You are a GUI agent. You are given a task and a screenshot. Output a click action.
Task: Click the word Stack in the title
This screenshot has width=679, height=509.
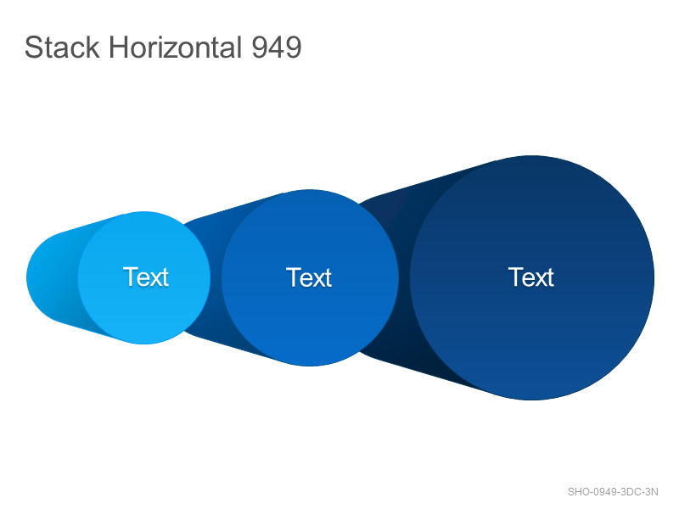point(62,48)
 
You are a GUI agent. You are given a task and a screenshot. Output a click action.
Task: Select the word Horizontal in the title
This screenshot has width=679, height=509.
point(176,48)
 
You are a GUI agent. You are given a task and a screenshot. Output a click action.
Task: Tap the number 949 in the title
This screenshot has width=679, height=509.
point(277,48)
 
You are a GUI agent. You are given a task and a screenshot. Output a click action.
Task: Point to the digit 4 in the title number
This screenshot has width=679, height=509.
point(277,48)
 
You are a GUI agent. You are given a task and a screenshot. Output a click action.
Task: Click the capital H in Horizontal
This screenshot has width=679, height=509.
point(118,48)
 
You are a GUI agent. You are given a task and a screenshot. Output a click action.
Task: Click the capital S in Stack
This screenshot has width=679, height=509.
point(33,48)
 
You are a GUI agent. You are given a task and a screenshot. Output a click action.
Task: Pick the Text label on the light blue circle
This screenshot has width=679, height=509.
point(146,277)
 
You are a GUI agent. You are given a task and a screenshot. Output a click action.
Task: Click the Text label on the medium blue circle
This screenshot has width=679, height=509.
point(309,277)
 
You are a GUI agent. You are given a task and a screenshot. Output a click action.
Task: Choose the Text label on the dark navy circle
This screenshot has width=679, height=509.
point(531,277)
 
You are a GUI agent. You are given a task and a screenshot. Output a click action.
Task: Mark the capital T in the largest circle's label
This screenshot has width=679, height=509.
point(515,277)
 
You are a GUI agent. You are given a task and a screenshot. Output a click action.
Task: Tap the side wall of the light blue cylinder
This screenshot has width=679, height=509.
point(52,277)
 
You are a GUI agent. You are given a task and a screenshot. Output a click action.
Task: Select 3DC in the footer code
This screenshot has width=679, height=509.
point(631,492)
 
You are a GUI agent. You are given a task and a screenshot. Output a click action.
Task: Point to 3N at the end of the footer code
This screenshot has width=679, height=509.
point(652,492)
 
